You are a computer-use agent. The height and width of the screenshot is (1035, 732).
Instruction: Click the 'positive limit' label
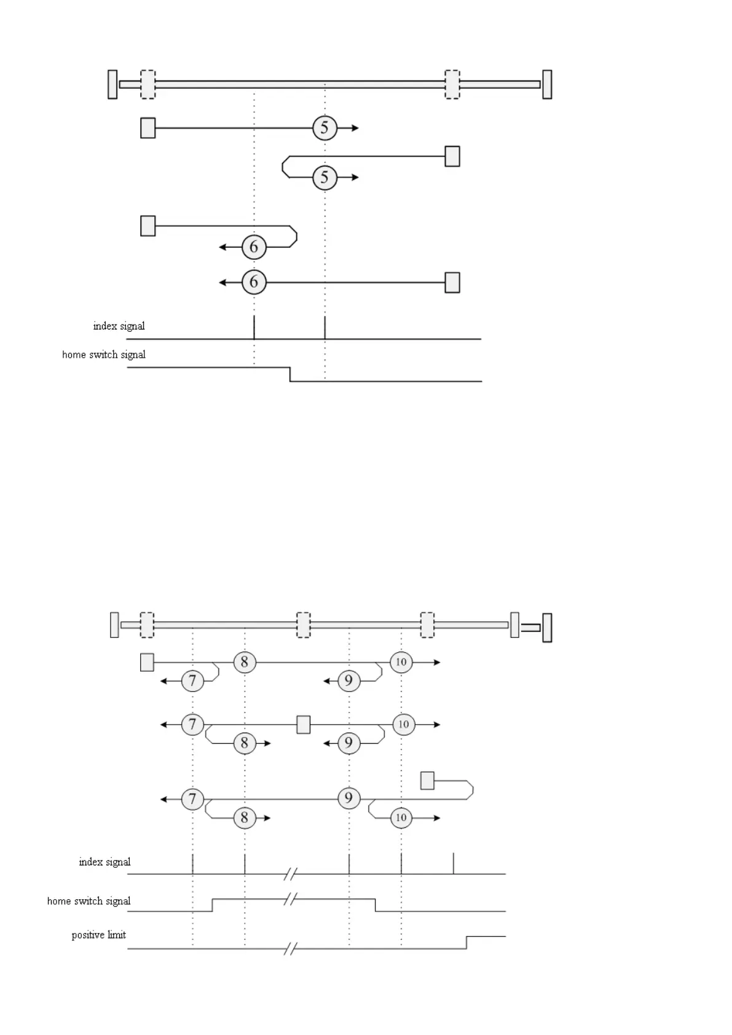[x=98, y=935]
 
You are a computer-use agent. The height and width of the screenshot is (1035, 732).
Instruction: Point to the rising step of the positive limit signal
[x=466, y=942]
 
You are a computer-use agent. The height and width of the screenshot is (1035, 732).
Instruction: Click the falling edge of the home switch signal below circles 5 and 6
[x=290, y=374]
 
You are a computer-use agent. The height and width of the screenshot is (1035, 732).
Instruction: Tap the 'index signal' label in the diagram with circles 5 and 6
[x=119, y=326]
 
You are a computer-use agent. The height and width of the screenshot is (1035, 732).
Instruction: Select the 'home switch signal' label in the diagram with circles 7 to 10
[x=89, y=901]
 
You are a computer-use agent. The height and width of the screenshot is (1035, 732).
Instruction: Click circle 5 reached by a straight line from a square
[x=325, y=128]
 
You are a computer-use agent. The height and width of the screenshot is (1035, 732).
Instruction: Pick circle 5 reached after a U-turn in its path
[x=325, y=178]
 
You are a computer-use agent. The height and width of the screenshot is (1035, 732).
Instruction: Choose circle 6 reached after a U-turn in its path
[x=254, y=247]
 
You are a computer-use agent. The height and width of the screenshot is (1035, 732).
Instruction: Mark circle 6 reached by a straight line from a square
[x=254, y=282]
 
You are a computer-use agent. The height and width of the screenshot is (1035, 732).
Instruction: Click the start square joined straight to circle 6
[x=452, y=282]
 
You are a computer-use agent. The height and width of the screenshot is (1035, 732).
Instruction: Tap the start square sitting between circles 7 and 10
[x=303, y=725]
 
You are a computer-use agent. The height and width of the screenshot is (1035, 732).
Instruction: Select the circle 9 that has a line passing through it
[x=348, y=798]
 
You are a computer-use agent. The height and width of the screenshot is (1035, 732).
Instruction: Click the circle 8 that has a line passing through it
[x=245, y=662]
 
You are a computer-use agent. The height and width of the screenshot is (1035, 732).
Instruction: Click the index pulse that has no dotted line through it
[x=454, y=864]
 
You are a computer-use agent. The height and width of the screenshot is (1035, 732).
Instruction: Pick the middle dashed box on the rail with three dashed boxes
[x=303, y=625]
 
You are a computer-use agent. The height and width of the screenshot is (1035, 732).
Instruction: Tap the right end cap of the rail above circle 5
[x=547, y=84]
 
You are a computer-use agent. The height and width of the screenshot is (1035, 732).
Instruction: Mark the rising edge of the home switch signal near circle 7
[x=212, y=905]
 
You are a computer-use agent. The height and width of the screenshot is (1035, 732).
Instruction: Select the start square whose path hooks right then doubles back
[x=427, y=781]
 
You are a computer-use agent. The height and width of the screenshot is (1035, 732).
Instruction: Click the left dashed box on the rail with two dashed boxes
[x=148, y=84]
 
